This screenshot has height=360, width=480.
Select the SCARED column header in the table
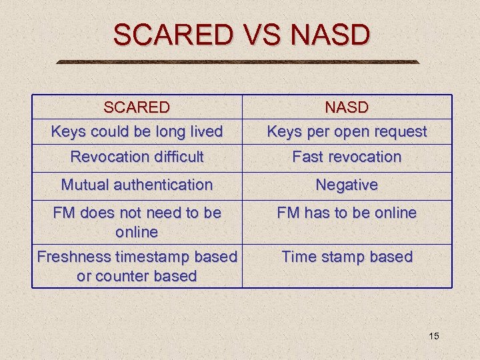click(137, 107)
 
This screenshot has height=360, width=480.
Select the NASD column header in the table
click(347, 107)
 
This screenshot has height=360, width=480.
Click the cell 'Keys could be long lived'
click(137, 131)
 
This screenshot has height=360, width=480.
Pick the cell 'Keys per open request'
click(347, 131)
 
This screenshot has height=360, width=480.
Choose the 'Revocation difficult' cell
click(137, 157)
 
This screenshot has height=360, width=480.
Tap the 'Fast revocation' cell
click(347, 157)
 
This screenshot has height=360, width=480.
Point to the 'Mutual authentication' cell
click(137, 185)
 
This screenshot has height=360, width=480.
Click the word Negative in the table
click(347, 185)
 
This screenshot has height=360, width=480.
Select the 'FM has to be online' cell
click(347, 213)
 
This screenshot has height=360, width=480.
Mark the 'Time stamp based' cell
click(347, 257)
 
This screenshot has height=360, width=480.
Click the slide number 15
click(433, 336)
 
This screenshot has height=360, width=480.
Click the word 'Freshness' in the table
click(74, 257)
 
